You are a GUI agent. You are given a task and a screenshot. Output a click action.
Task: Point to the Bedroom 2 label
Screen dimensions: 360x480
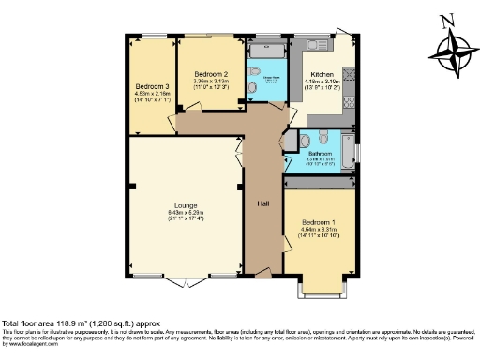click(211, 74)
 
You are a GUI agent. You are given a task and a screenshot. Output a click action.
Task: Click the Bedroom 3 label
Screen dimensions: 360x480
click(151, 82)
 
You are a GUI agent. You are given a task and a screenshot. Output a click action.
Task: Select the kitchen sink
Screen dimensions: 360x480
click(315, 44)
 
